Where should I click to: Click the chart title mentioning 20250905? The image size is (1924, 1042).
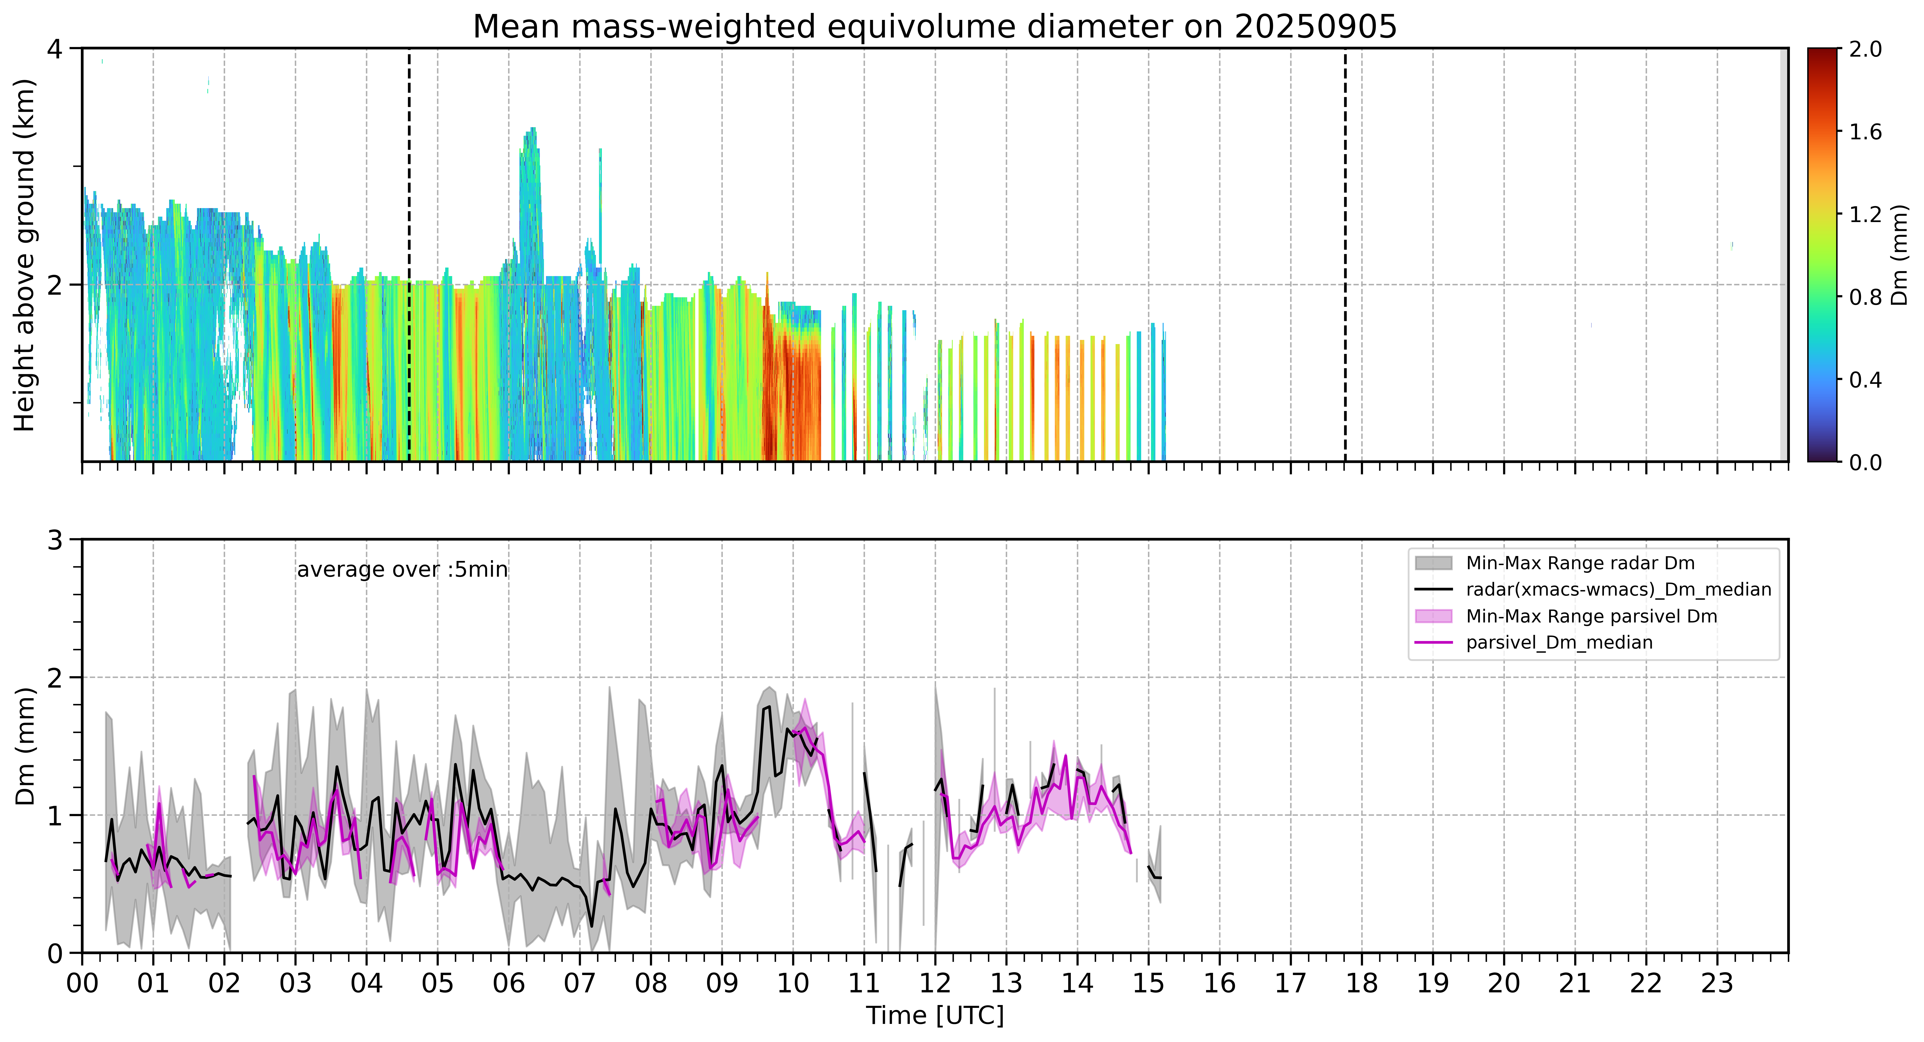point(934,27)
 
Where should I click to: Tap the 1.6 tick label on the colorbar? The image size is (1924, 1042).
point(1865,132)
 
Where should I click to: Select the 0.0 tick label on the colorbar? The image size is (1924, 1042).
point(1865,462)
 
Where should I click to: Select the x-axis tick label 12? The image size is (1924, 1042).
point(935,983)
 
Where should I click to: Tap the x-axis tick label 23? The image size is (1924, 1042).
point(1717,983)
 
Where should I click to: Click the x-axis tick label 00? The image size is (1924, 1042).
point(82,983)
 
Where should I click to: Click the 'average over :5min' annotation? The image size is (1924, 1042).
point(402,570)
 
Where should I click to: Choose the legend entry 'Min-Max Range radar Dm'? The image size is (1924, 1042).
point(1580,563)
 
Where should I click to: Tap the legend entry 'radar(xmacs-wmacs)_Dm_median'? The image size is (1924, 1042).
point(1618,589)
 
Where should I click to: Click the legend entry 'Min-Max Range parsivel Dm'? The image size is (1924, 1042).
point(1591,616)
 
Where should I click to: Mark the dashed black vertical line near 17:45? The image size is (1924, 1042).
point(1345,255)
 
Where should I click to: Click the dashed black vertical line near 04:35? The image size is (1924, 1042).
point(409,255)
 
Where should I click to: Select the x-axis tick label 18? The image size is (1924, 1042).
point(1362,983)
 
